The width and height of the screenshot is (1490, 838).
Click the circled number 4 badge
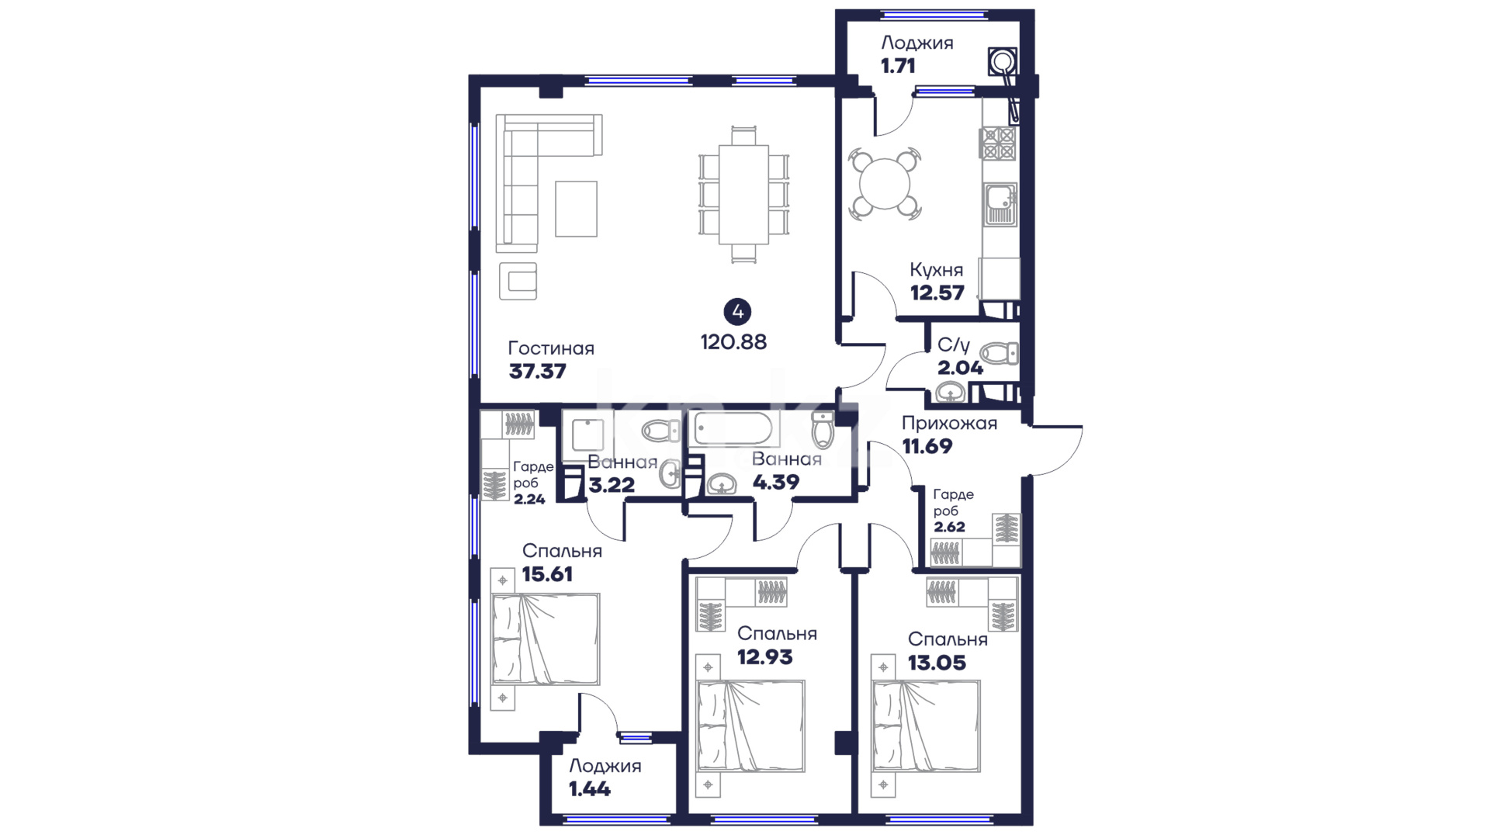click(736, 312)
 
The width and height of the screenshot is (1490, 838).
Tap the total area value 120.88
click(733, 342)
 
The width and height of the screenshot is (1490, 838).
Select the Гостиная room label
click(551, 348)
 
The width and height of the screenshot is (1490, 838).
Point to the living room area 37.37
click(538, 372)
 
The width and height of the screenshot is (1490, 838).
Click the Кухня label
click(937, 270)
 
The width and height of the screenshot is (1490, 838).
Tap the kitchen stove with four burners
click(998, 144)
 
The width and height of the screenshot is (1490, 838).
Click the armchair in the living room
click(518, 281)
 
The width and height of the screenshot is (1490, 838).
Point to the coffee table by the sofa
click(576, 209)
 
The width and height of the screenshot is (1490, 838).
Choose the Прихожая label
click(949, 424)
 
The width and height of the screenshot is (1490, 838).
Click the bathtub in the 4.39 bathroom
click(733, 428)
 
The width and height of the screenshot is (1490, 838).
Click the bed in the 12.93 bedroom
click(751, 726)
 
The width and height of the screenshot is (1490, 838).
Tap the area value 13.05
click(937, 663)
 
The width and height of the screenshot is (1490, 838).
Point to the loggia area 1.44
click(590, 790)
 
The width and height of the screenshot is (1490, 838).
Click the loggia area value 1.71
click(898, 66)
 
